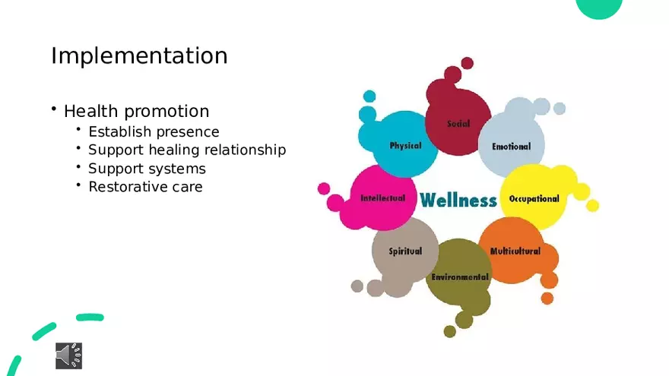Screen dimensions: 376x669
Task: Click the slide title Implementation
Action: [139, 55]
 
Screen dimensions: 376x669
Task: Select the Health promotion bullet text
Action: [136, 111]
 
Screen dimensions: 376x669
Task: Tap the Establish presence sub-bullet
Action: [154, 131]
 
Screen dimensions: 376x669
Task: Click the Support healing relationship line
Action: [187, 150]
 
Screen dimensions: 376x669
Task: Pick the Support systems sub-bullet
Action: [147, 168]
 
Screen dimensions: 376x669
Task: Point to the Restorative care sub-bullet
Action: [145, 186]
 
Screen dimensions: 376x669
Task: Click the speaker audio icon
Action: [68, 355]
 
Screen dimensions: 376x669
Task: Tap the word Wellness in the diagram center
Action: [458, 201]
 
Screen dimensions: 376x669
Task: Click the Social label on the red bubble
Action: [458, 124]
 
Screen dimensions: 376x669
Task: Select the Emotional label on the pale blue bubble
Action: [511, 147]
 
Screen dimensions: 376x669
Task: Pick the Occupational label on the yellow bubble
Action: [534, 199]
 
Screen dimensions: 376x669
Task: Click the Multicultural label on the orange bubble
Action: [515, 251]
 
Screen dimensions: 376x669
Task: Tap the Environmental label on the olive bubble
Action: [460, 277]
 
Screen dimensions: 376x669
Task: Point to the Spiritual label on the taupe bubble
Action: [405, 251]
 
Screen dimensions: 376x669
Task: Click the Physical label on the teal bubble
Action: [405, 146]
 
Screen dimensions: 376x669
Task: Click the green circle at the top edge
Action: [599, 7]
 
